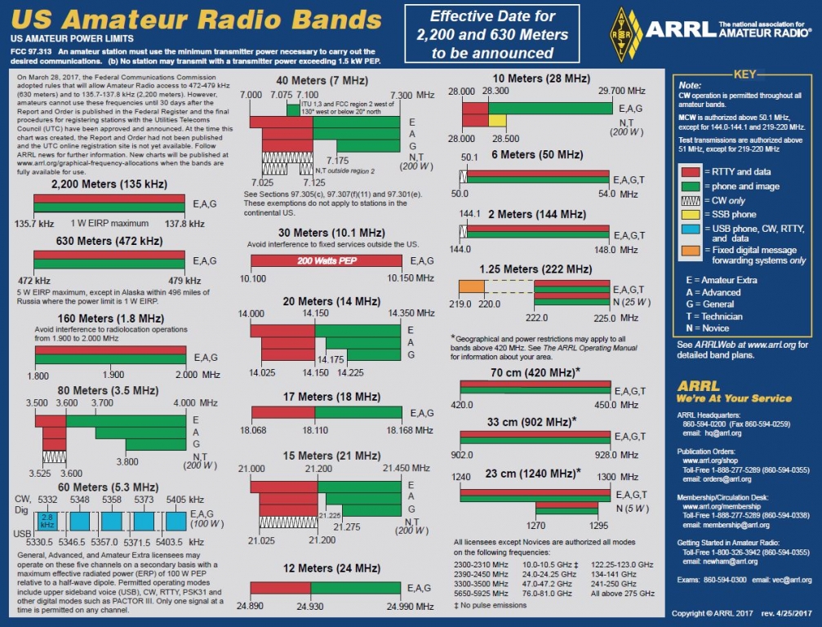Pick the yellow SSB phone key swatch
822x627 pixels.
pyautogui.click(x=691, y=214)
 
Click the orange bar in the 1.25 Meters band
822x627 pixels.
pyautogui.click(x=472, y=287)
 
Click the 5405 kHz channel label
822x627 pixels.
pyautogui.click(x=180, y=499)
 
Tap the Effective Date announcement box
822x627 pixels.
pyautogui.click(x=492, y=35)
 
